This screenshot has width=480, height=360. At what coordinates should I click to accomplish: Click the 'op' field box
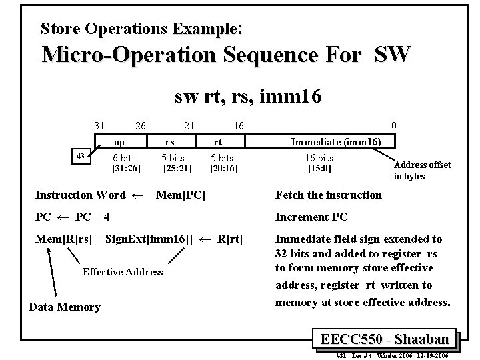(119, 141)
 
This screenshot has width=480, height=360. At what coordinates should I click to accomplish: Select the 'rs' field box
(170, 141)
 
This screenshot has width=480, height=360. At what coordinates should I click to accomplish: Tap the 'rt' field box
(217, 141)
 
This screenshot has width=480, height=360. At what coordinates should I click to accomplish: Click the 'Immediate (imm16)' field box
(335, 141)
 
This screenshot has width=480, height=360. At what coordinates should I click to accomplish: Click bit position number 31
(99, 125)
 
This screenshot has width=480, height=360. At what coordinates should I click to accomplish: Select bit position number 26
(140, 125)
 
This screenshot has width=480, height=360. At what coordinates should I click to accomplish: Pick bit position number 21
(189, 125)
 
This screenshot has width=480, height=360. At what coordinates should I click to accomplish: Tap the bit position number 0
(395, 125)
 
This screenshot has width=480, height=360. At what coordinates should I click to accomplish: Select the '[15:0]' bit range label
(319, 169)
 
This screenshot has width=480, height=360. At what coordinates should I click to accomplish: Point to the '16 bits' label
(319, 158)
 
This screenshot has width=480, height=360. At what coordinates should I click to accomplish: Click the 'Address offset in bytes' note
(422, 171)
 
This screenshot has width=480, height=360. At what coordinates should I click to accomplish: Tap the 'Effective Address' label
(123, 271)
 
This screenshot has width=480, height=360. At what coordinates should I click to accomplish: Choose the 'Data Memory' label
(65, 307)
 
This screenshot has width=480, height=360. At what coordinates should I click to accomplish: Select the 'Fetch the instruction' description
(329, 195)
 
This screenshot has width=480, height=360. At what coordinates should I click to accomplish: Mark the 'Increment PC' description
(311, 217)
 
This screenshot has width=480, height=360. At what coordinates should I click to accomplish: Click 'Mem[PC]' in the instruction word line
(180, 195)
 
